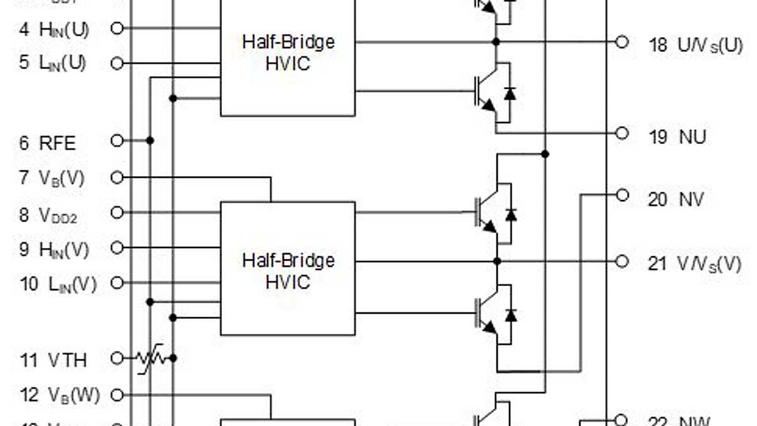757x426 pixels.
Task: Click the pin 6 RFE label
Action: pyautogui.click(x=48, y=143)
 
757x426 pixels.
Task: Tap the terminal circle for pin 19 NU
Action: pyautogui.click(x=622, y=133)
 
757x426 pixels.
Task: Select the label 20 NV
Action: pyautogui.click(x=676, y=199)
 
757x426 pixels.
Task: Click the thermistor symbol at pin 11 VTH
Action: pyautogui.click(x=151, y=358)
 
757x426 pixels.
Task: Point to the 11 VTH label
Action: pyautogui.click(x=53, y=360)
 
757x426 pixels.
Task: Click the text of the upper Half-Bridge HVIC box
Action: pyautogui.click(x=288, y=52)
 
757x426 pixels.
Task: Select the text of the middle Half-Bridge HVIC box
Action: pyautogui.click(x=288, y=271)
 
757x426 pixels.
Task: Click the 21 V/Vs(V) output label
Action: pyautogui.click(x=695, y=264)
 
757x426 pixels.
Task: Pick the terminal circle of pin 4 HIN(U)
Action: pyautogui.click(x=117, y=28)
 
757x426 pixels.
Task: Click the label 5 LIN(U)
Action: pyautogui.click(x=53, y=64)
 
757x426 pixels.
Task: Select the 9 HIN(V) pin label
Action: pyautogui.click(x=54, y=249)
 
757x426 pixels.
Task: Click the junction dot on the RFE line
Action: pyautogui.click(x=150, y=140)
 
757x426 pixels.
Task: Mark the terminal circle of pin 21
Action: pyautogui.click(x=622, y=261)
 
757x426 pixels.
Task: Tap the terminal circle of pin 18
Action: pyautogui.click(x=622, y=42)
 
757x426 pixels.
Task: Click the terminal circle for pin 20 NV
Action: pyautogui.click(x=622, y=196)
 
